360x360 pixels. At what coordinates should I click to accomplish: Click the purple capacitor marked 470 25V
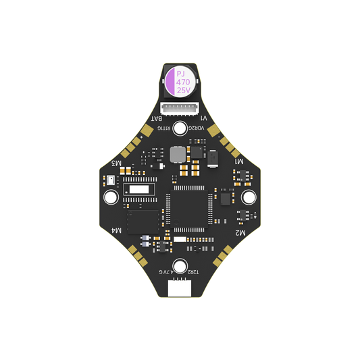180,80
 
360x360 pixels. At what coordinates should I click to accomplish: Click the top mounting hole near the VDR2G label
180,128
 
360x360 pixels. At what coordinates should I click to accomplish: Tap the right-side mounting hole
248,197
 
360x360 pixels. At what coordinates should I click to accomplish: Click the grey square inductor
178,154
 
